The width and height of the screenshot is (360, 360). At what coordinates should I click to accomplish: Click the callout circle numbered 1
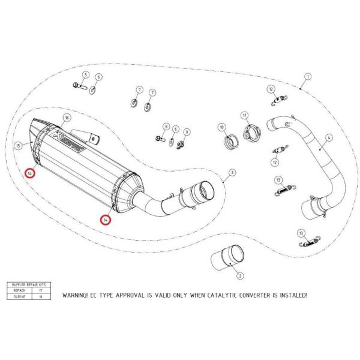coord(308,77)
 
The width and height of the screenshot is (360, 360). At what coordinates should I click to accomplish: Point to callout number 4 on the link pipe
coord(328,137)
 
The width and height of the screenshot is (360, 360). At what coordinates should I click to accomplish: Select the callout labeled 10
coord(221,127)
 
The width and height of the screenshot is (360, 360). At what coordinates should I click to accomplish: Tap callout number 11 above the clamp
coord(244,115)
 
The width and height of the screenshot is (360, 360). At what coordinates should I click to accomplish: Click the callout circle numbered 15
coord(19,145)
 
